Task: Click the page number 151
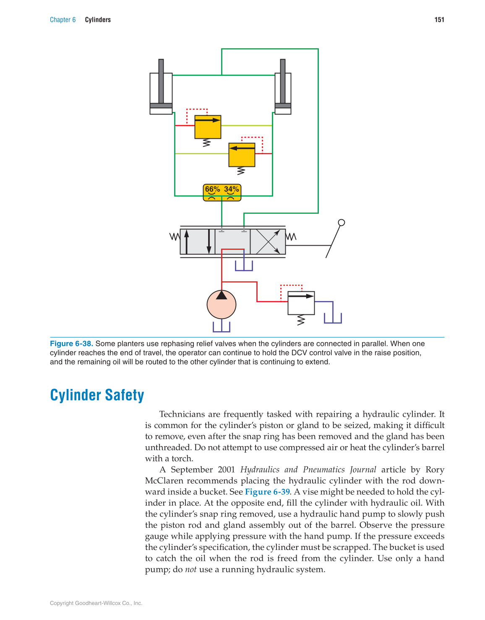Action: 439,20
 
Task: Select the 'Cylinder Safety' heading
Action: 97,395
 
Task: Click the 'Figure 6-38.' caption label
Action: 71,344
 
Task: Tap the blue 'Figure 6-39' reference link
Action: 267,492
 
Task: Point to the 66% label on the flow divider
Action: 212,189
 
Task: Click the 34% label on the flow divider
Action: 231,189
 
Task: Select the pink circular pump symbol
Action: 222,305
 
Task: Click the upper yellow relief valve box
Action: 208,127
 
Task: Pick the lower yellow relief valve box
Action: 242,155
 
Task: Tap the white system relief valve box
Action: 301,303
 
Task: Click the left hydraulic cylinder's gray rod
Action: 161,82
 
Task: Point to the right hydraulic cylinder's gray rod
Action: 283,82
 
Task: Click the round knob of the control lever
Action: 342,223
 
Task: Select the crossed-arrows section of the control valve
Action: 268,241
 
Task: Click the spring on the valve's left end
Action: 175,237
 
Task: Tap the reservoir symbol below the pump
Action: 222,327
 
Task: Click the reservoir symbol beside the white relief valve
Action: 333,318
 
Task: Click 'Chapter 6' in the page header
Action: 63,20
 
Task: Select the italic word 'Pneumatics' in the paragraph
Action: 323,470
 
